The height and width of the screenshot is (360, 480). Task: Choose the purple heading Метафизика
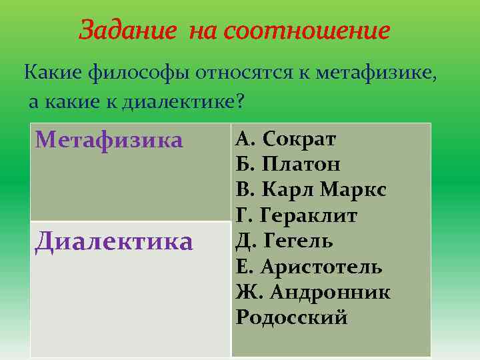point(109,140)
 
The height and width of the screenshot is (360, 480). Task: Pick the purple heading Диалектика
point(114,241)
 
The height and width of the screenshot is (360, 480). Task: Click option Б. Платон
point(288,164)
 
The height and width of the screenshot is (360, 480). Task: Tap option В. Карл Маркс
point(311,190)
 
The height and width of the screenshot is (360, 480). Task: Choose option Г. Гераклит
point(297,215)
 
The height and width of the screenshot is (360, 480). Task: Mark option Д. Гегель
point(285,241)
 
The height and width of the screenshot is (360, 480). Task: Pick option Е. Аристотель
point(309,267)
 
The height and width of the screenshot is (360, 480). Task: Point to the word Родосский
point(291,317)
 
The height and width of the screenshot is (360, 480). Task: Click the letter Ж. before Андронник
point(246,292)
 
